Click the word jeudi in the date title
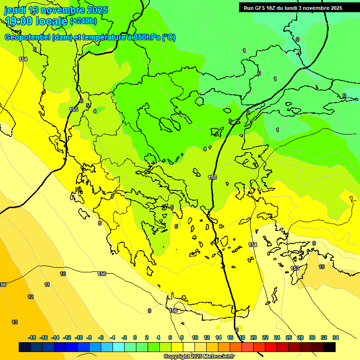(14, 10)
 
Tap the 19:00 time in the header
(18, 21)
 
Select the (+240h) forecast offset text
(83, 21)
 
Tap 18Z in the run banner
(276, 8)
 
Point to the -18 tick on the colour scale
(32, 337)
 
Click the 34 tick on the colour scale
(336, 337)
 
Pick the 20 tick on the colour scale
(254, 337)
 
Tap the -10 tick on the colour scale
(79, 337)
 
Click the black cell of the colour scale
(330, 347)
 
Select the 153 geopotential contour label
(295, 268)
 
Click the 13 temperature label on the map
(15, 322)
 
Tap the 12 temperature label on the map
(30, 297)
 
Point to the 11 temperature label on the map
(47, 285)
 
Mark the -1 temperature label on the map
(299, 54)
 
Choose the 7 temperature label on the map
(112, 196)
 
